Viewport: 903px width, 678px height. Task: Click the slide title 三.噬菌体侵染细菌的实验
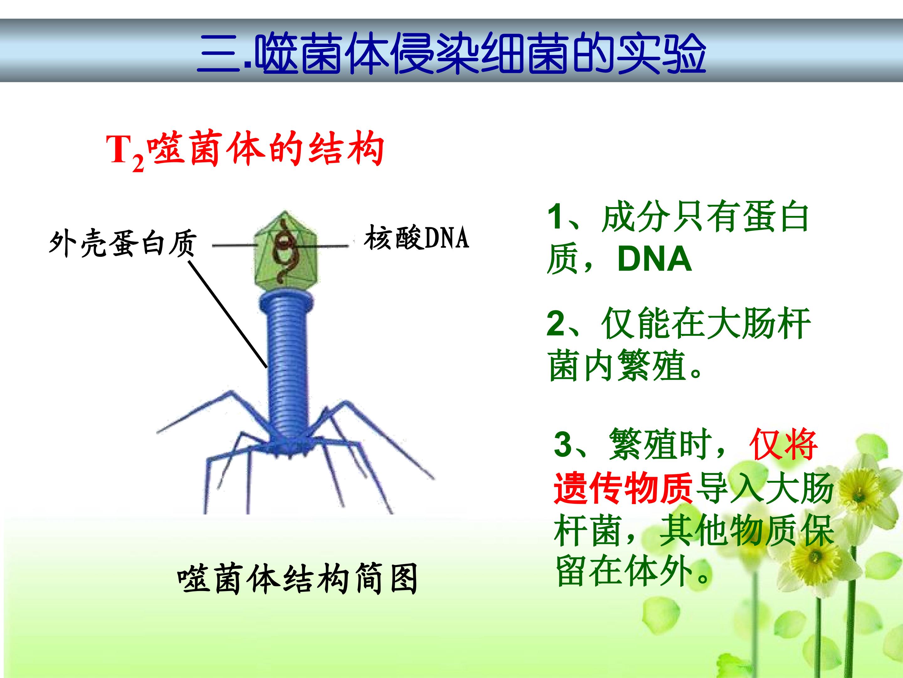coord(451,53)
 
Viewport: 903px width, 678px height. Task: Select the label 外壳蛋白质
coord(123,244)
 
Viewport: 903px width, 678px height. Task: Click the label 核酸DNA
coord(416,238)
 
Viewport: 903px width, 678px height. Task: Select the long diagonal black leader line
coord(228,315)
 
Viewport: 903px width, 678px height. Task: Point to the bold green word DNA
coord(655,259)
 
